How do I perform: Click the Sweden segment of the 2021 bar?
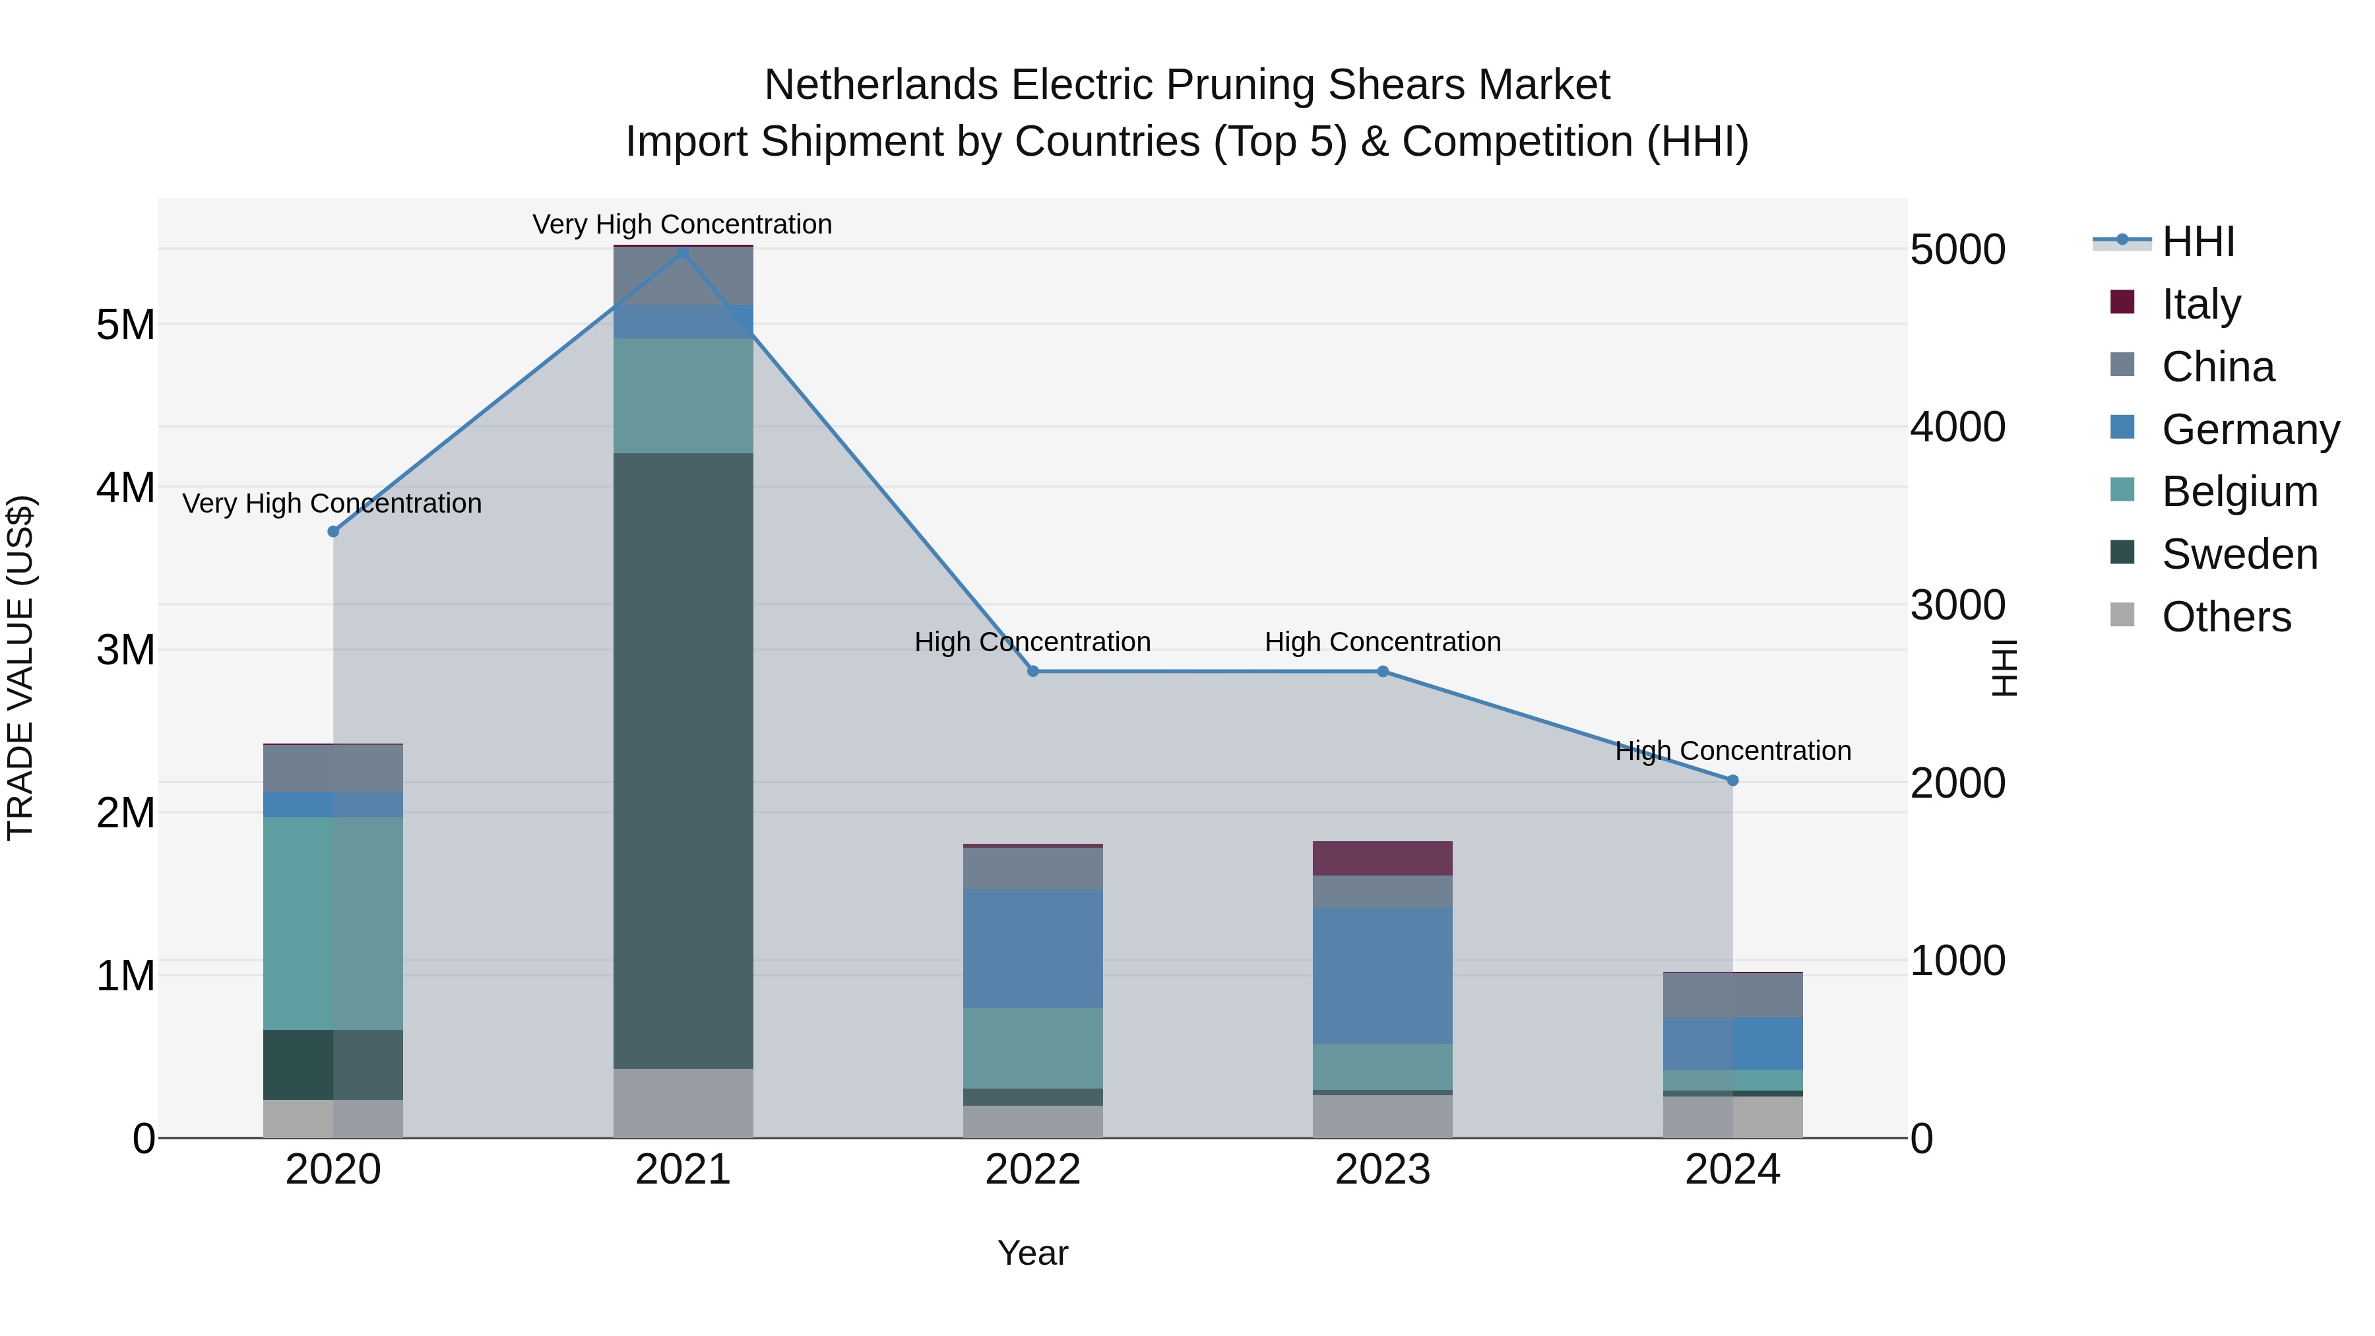click(x=683, y=761)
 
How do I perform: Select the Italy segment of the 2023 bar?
click(x=1382, y=858)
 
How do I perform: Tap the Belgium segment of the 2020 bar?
click(x=333, y=923)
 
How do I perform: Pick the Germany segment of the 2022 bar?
click(x=1032, y=948)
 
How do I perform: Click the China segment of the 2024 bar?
click(x=1732, y=995)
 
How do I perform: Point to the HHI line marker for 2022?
click(x=1032, y=671)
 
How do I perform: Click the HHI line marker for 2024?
click(x=1732, y=780)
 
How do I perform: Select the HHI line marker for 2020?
click(x=333, y=531)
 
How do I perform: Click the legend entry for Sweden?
click(x=2238, y=554)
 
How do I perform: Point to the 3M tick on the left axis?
click(x=125, y=650)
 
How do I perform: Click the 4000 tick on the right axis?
click(x=1957, y=427)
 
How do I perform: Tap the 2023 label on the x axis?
click(x=1382, y=1170)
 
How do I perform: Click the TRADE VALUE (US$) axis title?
click(x=20, y=668)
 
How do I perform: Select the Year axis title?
click(x=1032, y=1253)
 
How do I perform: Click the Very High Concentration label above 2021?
click(x=682, y=224)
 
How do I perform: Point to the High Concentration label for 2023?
click(x=1382, y=642)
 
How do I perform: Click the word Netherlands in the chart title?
click(x=881, y=85)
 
